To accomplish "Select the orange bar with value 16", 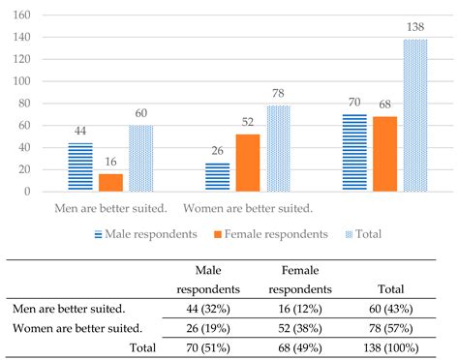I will click(111, 182).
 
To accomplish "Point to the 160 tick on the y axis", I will click(23, 16).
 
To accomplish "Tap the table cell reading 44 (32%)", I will click(205, 309).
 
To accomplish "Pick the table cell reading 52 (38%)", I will click(299, 328).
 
